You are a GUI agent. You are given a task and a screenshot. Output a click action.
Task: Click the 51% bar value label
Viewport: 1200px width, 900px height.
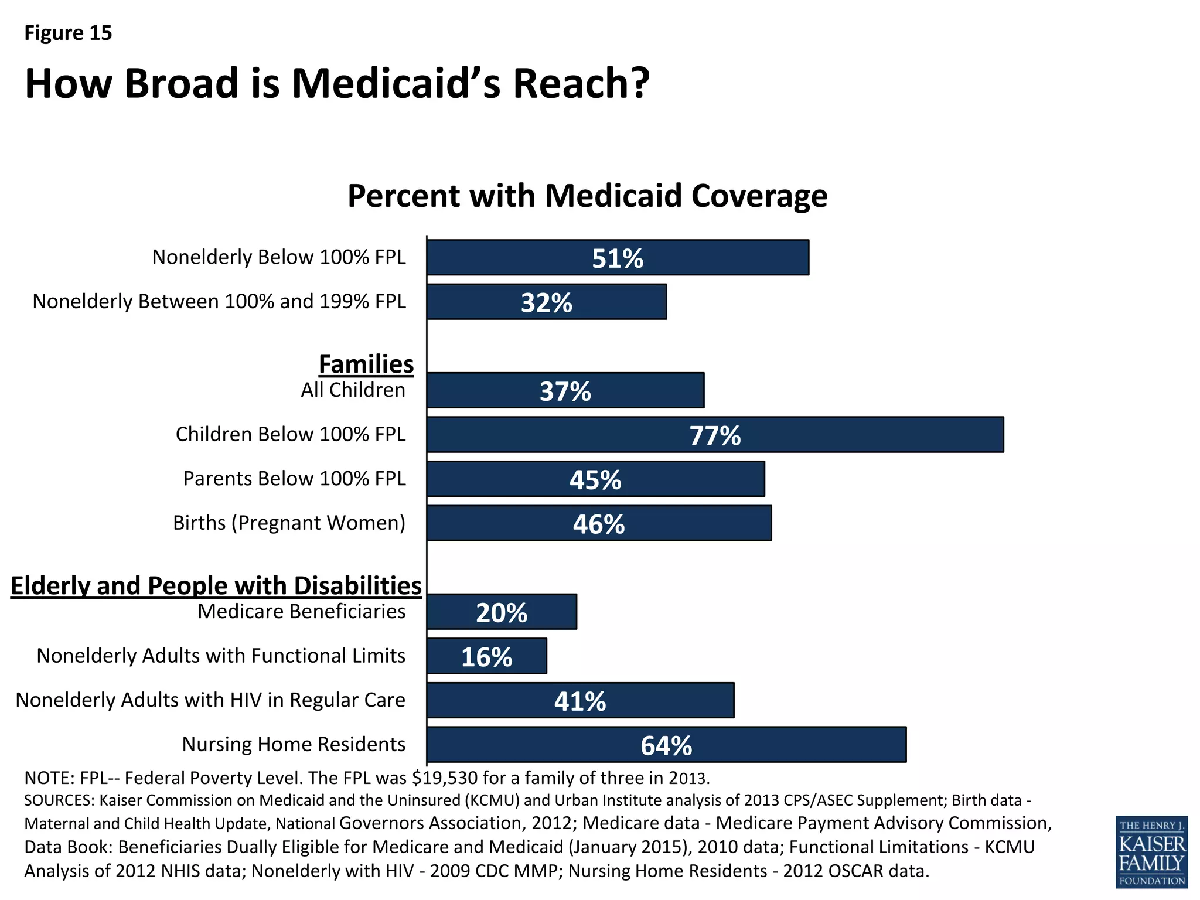[617, 258]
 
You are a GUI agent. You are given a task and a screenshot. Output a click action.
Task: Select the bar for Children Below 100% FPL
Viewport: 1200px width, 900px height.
[715, 435]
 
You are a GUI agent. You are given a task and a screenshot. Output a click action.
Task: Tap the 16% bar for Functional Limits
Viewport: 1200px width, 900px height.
[486, 656]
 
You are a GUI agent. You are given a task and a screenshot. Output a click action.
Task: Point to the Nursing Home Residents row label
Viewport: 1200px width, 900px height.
[294, 744]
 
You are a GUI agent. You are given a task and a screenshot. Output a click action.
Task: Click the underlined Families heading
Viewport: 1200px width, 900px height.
[366, 364]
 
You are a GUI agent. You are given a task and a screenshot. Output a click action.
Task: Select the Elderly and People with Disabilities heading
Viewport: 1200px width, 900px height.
[216, 585]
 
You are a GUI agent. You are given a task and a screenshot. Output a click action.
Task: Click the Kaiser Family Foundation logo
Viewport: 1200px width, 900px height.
[1151, 851]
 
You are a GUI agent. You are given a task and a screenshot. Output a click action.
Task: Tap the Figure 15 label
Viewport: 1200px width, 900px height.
[68, 33]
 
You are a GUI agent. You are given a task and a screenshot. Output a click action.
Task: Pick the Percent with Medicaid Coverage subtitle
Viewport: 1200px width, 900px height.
[587, 196]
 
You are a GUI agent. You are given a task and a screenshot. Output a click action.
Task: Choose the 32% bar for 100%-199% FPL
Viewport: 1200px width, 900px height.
[546, 302]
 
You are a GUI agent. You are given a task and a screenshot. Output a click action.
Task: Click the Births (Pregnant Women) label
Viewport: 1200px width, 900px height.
[289, 523]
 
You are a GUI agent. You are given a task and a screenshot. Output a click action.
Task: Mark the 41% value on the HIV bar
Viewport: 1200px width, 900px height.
[580, 701]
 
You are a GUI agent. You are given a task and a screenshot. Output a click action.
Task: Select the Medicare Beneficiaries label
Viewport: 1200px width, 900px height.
[301, 611]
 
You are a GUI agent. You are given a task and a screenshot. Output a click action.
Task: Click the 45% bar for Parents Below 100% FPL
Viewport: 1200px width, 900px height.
[595, 479]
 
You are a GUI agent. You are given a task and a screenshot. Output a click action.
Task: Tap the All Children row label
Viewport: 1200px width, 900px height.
[353, 390]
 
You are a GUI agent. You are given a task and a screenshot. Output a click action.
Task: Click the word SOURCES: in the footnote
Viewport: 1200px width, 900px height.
[59, 800]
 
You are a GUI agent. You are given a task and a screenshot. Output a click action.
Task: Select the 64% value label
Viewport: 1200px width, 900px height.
[666, 745]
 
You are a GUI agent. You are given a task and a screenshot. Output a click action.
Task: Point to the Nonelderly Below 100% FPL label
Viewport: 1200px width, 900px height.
[279, 257]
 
